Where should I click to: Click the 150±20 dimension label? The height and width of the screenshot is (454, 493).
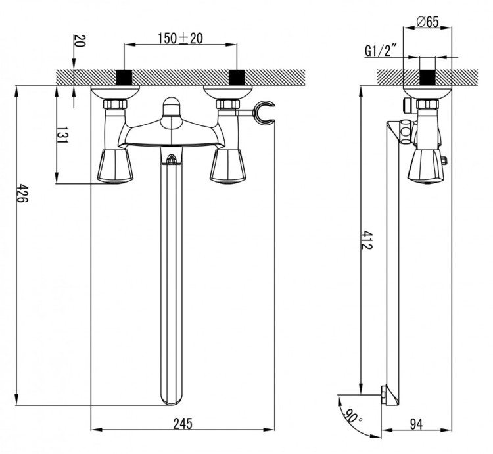pos(180,39)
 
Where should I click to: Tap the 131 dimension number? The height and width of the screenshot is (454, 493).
pos(62,135)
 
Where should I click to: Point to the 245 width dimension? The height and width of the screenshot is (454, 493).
pos(183,423)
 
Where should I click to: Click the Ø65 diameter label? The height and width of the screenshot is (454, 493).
pos(427,22)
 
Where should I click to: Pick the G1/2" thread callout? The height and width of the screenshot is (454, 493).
pos(380,50)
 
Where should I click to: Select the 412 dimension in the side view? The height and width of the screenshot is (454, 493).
pos(367,240)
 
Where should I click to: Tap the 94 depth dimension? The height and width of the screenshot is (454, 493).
pos(417,424)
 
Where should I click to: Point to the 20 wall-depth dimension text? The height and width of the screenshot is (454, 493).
pos(80,41)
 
